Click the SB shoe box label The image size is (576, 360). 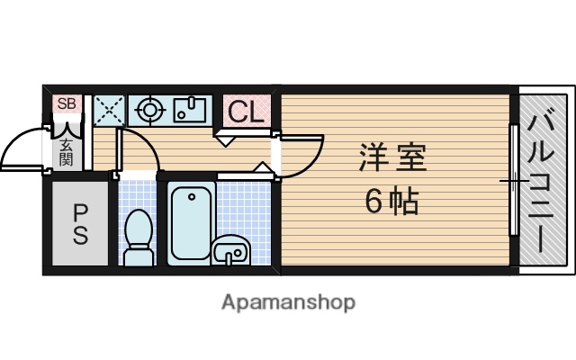coord(67,103)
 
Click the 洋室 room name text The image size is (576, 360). coord(392,159)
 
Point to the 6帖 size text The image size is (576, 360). coord(391,202)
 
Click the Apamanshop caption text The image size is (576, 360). coord(288,301)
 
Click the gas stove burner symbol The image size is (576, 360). coord(148,111)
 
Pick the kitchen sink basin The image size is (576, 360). coord(190,110)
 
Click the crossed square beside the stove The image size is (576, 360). coord(108,111)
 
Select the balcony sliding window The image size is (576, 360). coord(513,180)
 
